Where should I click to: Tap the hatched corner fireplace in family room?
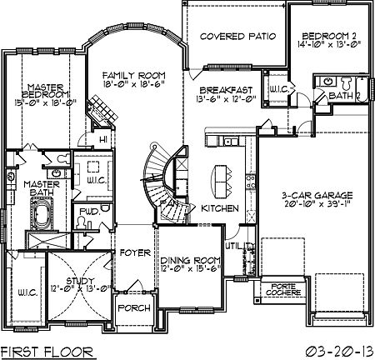point(101,108)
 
